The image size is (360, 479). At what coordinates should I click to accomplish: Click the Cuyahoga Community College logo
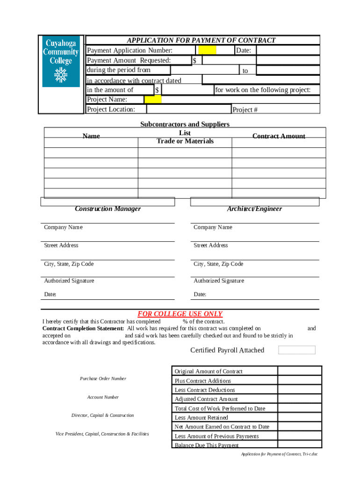pos(61,61)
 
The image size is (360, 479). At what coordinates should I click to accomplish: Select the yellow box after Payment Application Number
pos(207,51)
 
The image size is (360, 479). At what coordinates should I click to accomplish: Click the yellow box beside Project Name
pos(153,100)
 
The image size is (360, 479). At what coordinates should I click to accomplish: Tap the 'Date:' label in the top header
pos(244,51)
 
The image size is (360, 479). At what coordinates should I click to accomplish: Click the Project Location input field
pos(188,109)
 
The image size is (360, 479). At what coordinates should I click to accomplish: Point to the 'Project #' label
pos(245,110)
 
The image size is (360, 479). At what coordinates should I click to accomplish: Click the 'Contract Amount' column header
pos(279,136)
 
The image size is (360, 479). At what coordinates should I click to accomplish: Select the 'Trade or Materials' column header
pos(185,141)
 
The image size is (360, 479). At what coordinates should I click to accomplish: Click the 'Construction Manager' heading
pos(108,209)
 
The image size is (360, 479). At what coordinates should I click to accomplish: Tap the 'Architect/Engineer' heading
pos(254,209)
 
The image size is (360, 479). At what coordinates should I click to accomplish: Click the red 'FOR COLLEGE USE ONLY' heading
pos(180,314)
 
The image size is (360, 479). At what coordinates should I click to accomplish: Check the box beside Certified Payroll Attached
pos(296,350)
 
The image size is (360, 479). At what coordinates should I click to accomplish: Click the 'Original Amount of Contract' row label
pos(209,371)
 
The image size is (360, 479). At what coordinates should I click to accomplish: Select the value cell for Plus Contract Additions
pos(300,380)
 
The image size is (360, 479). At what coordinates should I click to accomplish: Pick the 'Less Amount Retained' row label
pos(202,417)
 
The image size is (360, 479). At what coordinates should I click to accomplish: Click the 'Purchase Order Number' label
pos(103,378)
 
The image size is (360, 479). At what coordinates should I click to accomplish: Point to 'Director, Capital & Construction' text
pos(102,415)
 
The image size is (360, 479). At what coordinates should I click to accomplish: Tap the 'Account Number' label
pos(103,397)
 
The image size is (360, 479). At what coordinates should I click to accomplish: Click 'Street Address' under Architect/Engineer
pos(210,245)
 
